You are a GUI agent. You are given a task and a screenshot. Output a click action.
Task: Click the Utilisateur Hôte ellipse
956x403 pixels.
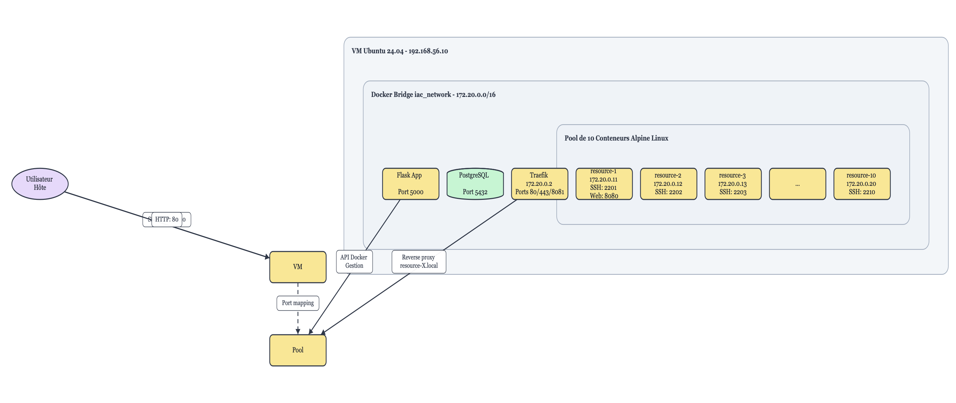pos(40,184)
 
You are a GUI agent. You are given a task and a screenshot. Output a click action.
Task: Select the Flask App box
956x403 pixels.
pos(410,184)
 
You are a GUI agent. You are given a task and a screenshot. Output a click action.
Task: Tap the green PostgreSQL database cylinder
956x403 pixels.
pos(475,184)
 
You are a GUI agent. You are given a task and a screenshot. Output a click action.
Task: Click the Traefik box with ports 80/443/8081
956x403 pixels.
pos(539,184)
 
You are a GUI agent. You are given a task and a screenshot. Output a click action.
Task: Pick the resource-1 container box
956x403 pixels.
pos(604,184)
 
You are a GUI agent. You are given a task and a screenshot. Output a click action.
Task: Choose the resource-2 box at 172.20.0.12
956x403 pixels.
pos(668,184)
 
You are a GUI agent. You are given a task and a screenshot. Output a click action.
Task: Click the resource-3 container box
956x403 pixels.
pos(733,184)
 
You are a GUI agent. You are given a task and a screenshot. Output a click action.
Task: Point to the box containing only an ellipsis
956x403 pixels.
pos(797,184)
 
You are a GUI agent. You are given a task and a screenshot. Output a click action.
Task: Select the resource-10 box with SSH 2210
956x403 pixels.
pos(861,184)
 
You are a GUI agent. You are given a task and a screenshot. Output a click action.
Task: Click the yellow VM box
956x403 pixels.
pos(298,267)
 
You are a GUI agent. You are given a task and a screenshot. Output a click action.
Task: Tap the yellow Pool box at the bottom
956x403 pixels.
pos(298,350)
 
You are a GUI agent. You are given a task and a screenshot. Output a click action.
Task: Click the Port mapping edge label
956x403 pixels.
pos(298,303)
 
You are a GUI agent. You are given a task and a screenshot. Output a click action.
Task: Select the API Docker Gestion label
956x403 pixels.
pos(354,261)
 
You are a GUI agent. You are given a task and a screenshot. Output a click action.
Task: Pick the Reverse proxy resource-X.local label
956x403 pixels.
pos(419,261)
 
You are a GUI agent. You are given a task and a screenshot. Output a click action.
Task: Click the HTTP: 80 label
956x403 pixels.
pos(167,219)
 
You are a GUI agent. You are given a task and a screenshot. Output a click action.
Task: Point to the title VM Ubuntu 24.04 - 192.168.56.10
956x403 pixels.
pos(399,51)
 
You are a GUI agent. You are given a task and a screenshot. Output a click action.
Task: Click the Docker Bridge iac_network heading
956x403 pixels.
pos(433,95)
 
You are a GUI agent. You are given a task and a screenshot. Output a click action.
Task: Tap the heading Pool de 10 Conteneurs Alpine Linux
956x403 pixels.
pos(616,138)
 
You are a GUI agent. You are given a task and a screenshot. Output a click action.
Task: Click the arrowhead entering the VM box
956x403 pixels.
pos(267,256)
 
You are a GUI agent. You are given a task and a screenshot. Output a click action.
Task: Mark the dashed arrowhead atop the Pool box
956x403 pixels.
pos(298,331)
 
